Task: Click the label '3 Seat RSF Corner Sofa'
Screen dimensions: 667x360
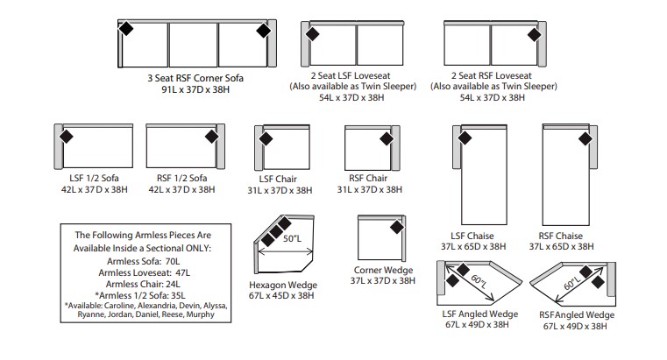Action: click(195, 78)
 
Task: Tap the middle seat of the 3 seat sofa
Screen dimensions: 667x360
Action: click(193, 45)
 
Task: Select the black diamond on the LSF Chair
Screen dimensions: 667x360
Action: click(266, 139)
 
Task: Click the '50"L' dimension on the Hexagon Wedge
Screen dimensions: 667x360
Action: click(292, 238)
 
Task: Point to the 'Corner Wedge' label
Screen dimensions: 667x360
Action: click(383, 271)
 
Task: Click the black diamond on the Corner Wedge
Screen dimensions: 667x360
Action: click(397, 228)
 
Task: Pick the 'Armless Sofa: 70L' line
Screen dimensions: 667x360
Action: click(144, 261)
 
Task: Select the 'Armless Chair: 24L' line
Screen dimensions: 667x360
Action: click(143, 284)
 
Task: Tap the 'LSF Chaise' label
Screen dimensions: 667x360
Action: click(472, 236)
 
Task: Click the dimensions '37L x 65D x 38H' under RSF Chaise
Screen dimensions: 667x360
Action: click(562, 246)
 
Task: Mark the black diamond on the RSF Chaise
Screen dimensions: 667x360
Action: click(585, 138)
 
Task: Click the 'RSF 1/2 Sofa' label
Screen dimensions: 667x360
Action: click(181, 178)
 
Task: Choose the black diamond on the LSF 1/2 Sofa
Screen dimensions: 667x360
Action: click(66, 137)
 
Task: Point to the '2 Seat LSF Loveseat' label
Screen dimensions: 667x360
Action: click(351, 75)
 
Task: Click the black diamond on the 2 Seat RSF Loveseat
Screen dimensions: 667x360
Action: click(535, 35)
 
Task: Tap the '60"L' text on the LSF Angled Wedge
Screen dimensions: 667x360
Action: click(479, 281)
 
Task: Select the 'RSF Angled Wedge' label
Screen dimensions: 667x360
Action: click(577, 315)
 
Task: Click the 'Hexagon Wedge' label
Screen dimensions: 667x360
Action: click(283, 286)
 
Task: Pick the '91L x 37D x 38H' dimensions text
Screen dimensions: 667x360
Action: click(195, 89)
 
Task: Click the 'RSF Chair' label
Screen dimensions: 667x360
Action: click(368, 178)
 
